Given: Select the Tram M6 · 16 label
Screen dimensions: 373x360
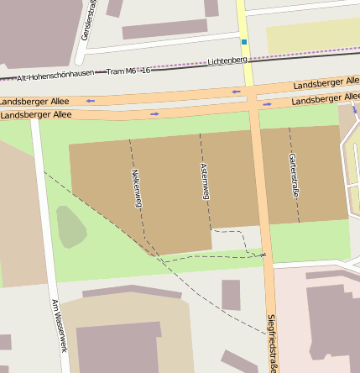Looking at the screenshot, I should (129, 71).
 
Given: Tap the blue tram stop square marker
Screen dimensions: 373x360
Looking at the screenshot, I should (244, 41).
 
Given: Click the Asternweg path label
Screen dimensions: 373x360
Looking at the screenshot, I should (204, 181).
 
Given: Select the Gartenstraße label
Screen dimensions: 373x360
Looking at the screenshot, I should (293, 175).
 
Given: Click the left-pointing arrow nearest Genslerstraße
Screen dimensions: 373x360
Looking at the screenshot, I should (90, 102).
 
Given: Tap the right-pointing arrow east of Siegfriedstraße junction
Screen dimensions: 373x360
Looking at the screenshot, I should (267, 105).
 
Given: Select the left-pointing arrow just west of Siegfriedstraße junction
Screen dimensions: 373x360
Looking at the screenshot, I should (236, 92).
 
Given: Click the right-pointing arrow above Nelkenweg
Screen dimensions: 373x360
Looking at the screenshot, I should (154, 113).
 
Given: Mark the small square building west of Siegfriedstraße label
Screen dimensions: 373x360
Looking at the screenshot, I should (231, 295).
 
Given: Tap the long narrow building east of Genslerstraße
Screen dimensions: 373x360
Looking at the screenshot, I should (164, 29).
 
